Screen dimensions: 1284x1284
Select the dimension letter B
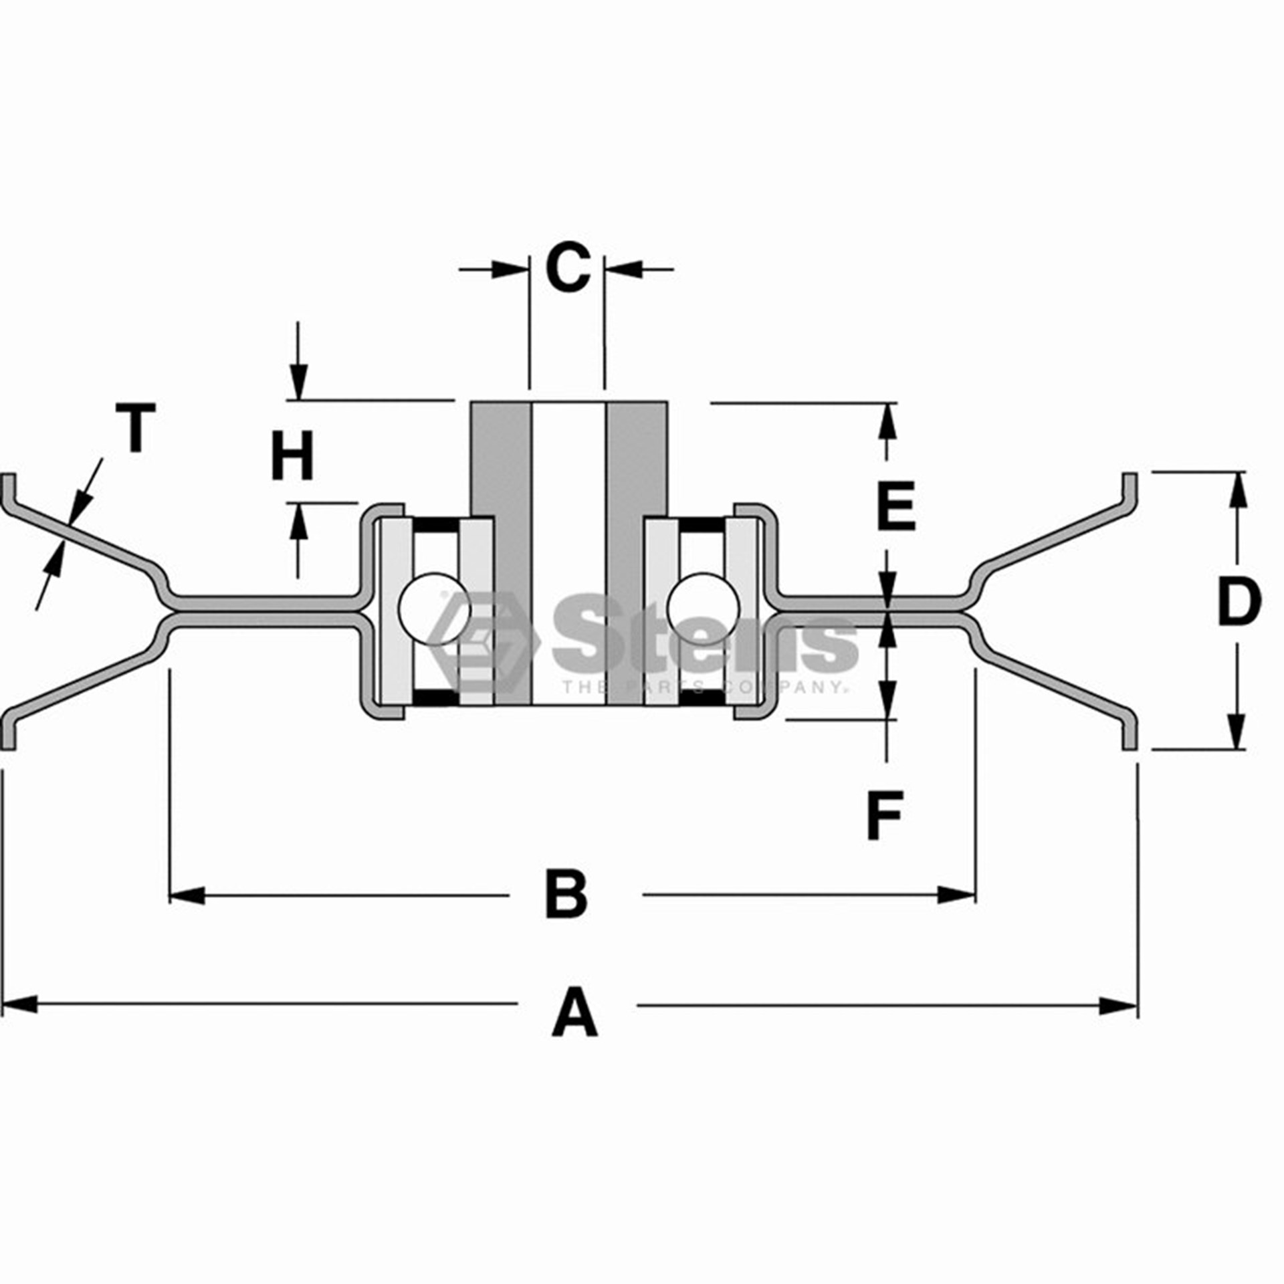pos(566,893)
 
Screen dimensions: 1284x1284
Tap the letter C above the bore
pos(568,268)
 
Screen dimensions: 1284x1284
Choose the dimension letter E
pos(895,506)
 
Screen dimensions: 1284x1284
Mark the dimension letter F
pos(885,815)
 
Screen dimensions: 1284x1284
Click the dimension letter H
pos(292,456)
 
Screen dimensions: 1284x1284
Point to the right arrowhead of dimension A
pos(1119,1024)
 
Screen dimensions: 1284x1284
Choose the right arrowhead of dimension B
pos(956,895)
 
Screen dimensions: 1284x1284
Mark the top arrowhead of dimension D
pos(1237,490)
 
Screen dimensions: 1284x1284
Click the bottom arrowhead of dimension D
pos(1237,731)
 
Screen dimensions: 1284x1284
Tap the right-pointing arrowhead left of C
pos(510,270)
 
